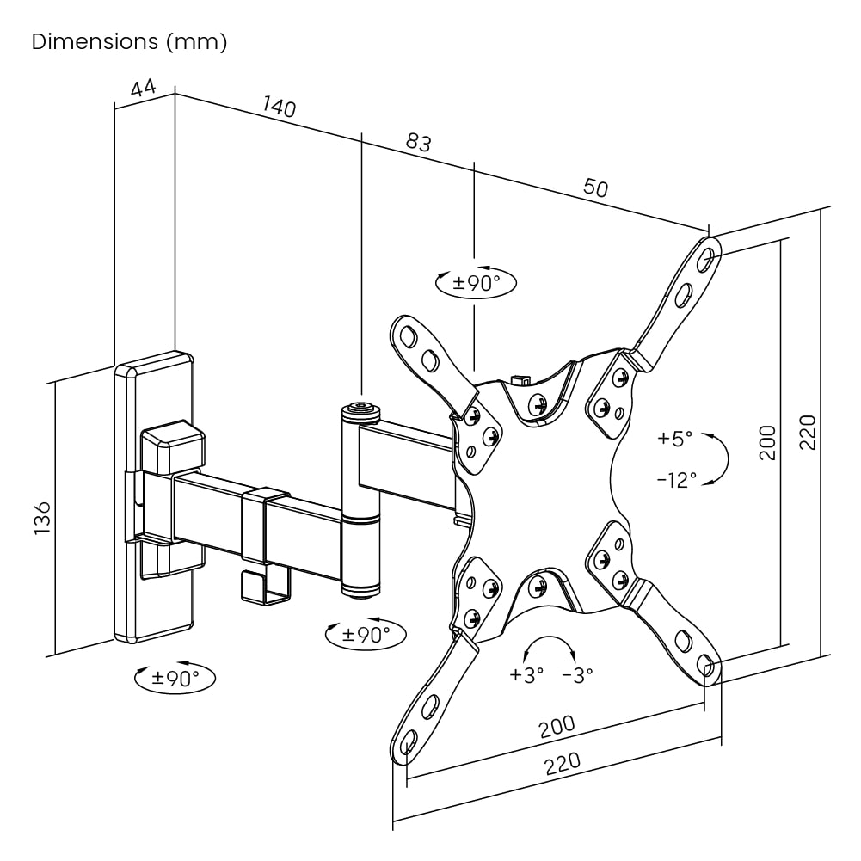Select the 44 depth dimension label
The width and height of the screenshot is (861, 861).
(144, 89)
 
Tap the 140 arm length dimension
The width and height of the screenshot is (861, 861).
(280, 108)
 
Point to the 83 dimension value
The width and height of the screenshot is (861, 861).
(418, 143)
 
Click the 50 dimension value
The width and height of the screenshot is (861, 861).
(595, 188)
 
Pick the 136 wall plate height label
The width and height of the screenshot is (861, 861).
(43, 519)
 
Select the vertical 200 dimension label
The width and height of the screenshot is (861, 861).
(768, 442)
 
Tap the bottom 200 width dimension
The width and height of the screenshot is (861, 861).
(557, 727)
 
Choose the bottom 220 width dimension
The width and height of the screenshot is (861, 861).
(563, 763)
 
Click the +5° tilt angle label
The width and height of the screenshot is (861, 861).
(674, 439)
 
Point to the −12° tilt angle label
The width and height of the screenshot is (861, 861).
(677, 480)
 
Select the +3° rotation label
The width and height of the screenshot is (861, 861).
(526, 675)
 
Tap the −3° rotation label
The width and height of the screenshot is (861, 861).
(577, 675)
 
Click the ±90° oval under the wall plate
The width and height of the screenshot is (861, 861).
(175, 678)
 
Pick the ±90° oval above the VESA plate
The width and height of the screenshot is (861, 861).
(477, 283)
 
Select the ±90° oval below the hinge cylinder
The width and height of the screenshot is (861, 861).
(366, 635)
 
